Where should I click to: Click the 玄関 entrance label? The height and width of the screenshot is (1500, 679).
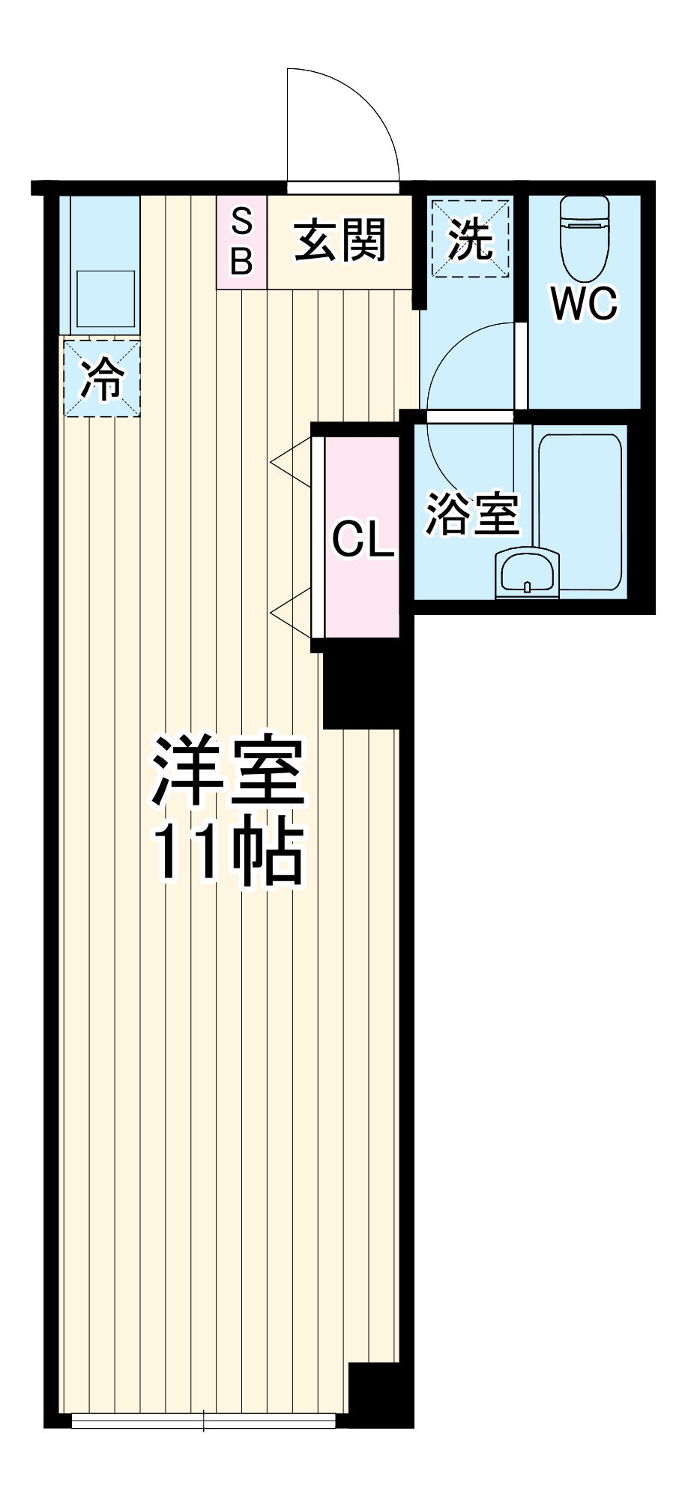(339, 241)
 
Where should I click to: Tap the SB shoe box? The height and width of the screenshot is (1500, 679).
(241, 241)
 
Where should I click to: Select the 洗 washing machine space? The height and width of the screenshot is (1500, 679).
(470, 238)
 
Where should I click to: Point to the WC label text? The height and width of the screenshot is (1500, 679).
(584, 303)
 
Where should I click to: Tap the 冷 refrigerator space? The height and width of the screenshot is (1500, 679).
(101, 378)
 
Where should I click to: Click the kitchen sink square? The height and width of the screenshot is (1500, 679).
(106, 298)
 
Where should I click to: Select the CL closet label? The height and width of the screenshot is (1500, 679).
(363, 538)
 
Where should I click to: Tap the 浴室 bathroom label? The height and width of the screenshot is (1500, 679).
(472, 514)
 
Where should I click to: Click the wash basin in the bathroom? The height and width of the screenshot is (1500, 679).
(528, 574)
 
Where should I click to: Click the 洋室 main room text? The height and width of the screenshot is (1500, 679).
(229, 772)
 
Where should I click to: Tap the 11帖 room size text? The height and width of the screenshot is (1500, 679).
(229, 855)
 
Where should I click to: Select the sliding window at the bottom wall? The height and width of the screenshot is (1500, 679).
(204, 1419)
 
